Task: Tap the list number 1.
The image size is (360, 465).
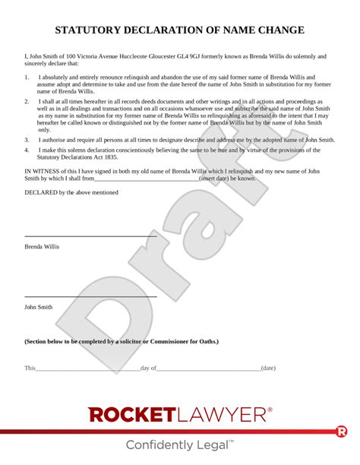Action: (x=27, y=77)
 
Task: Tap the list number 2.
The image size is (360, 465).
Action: (x=27, y=101)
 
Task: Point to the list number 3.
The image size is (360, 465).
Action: (x=27, y=140)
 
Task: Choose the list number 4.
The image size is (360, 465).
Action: (x=27, y=150)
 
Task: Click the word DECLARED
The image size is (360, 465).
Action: (x=39, y=194)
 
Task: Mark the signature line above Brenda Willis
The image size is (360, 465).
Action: (x=90, y=236)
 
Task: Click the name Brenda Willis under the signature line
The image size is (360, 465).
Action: (x=42, y=247)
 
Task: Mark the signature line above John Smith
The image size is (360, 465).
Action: (x=90, y=296)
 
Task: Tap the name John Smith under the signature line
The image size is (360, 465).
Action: (x=39, y=307)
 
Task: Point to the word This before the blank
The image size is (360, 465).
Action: (x=30, y=368)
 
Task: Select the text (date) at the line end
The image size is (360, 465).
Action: (x=268, y=368)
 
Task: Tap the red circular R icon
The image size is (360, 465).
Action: (x=342, y=432)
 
